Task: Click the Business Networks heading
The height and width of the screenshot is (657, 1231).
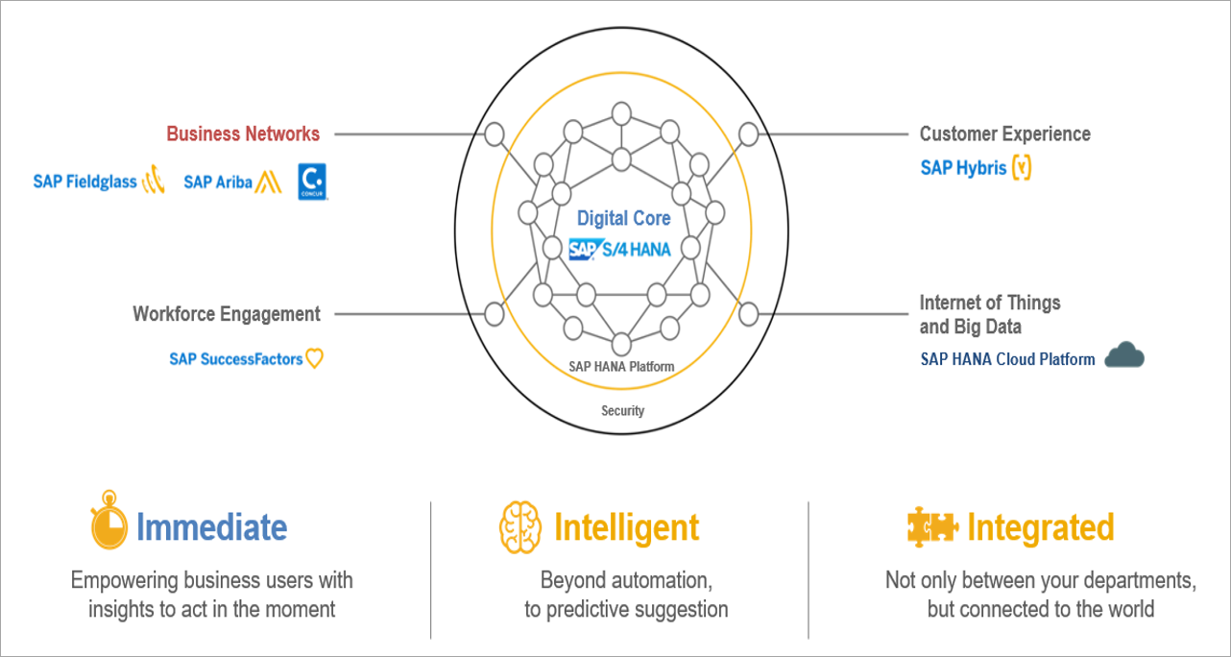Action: pos(243,134)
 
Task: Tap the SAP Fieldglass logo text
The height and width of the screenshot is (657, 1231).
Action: pos(85,182)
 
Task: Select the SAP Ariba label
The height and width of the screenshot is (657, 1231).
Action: pos(218,182)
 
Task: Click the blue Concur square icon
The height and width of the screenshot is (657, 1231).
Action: pos(313,181)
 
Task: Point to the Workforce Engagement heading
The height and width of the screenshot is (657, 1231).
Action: pos(227,314)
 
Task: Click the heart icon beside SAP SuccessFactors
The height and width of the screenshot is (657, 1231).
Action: pos(314,358)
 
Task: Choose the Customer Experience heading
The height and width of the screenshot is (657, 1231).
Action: pos(1004,134)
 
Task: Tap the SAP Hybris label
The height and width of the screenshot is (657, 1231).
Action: pos(963,168)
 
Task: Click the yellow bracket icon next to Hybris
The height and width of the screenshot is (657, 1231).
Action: pos(1022,168)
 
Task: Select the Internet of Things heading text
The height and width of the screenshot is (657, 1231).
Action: pos(990,304)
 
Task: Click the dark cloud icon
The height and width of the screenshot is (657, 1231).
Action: pos(1124,356)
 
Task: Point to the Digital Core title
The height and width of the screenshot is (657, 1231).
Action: pos(623,218)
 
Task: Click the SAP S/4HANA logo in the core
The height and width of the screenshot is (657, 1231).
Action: pos(619,249)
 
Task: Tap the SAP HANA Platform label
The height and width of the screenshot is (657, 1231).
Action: pos(620,367)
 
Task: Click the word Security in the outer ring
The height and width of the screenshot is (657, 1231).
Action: pos(622,411)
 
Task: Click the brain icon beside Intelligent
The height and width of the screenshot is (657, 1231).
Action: pos(520,527)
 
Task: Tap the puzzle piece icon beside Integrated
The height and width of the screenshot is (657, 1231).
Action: pos(931,526)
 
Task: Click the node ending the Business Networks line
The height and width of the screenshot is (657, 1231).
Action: pos(495,134)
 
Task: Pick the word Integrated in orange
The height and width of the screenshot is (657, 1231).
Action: pos(1040,527)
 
